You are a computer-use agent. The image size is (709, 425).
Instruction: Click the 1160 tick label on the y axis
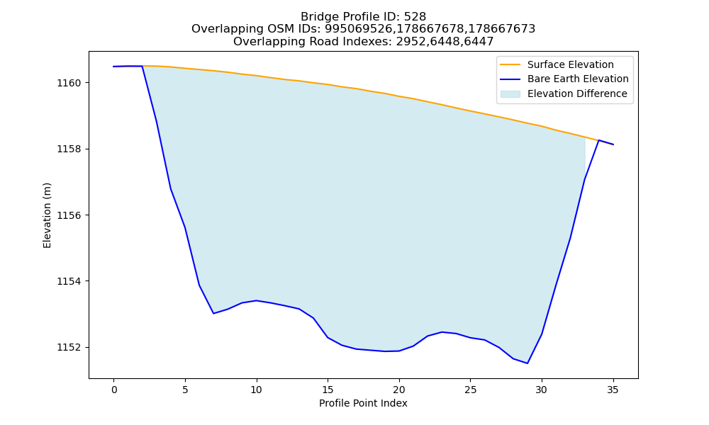69,83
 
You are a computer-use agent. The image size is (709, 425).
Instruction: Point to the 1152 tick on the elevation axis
69,347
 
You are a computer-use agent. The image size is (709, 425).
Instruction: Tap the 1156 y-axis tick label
69,215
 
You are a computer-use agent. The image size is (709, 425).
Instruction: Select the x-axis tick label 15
328,390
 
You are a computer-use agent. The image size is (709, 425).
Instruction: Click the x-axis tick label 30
542,390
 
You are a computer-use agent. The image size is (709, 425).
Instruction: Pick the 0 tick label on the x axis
114,390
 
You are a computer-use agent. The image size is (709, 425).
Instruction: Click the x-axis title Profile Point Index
363,403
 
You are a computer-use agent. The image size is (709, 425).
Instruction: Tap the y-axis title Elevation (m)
47,215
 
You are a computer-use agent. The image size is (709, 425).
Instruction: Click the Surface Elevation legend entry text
570,64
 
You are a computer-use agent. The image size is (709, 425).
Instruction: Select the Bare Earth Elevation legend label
578,79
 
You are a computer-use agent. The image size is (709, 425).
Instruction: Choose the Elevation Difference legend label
577,94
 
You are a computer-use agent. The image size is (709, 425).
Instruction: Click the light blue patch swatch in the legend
510,94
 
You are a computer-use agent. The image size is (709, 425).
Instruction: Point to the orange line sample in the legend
510,64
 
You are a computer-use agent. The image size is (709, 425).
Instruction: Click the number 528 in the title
415,17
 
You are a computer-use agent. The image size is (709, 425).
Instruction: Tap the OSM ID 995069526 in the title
358,29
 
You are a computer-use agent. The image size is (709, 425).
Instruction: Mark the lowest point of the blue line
527,363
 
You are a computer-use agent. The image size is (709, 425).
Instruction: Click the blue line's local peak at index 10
257,300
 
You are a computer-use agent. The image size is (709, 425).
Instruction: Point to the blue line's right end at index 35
613,144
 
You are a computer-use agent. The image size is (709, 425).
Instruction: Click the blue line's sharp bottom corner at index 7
213,314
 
